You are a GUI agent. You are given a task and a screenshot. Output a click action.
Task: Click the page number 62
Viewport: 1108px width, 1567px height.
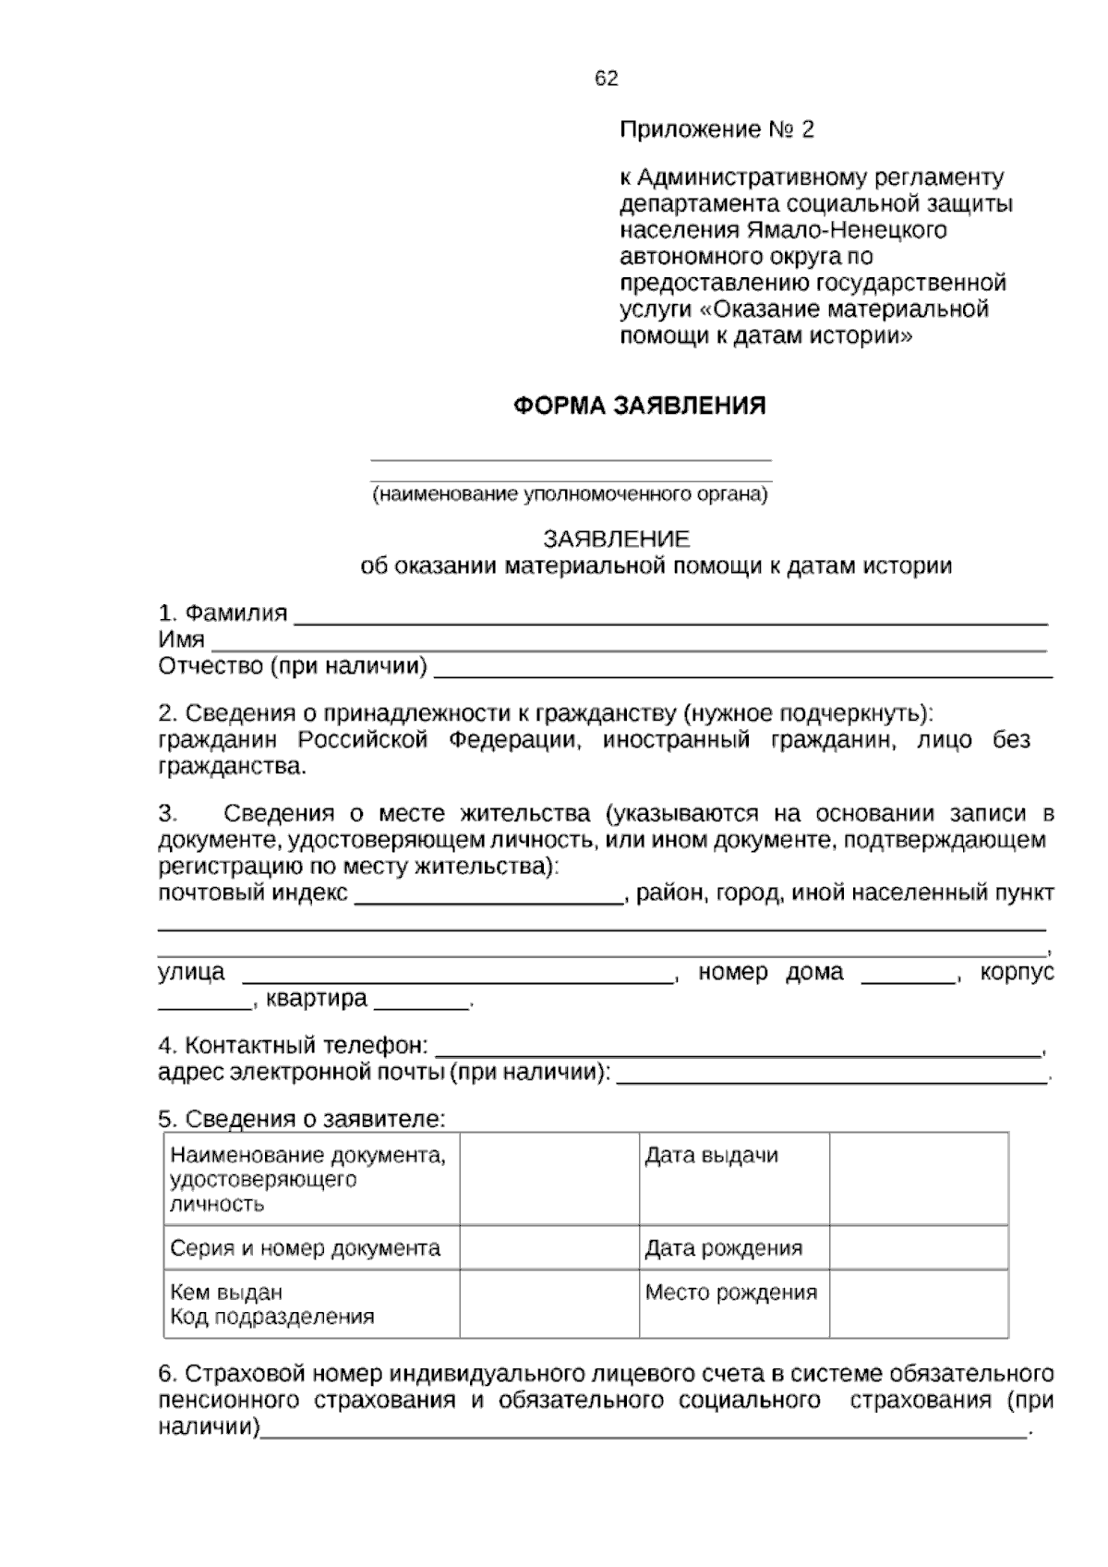tap(606, 79)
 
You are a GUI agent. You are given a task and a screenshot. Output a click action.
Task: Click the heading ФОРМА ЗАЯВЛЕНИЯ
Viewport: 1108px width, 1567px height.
tap(639, 406)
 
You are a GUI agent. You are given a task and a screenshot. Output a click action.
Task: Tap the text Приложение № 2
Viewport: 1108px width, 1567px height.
tap(717, 129)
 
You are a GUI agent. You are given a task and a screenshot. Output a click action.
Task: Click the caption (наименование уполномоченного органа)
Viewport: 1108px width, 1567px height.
tap(570, 494)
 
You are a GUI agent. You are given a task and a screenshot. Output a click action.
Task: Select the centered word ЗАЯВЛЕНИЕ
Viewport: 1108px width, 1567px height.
tap(616, 539)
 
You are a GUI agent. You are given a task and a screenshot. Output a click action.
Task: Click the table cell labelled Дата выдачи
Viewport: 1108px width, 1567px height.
tap(711, 1156)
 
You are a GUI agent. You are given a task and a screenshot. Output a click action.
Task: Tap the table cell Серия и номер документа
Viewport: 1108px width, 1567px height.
tap(306, 1249)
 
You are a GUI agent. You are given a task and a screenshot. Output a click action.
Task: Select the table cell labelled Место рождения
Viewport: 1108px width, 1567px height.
tap(730, 1293)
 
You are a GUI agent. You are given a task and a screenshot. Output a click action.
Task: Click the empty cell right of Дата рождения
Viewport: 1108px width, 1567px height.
tap(918, 1248)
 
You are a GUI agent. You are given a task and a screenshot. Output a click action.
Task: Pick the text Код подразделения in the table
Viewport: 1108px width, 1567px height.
tap(272, 1318)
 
